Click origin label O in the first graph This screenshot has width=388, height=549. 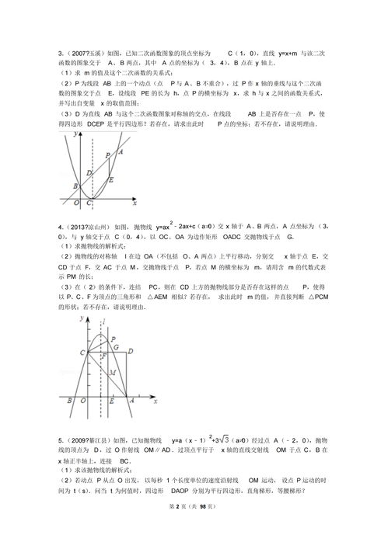tap(75, 203)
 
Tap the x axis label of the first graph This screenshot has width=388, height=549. tap(135, 203)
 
